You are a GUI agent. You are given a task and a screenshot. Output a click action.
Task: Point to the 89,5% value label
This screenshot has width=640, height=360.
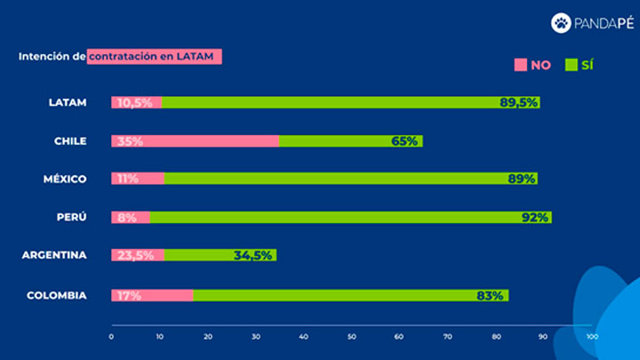tap(518, 102)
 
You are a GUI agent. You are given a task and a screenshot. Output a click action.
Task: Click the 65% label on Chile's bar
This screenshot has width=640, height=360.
tap(404, 140)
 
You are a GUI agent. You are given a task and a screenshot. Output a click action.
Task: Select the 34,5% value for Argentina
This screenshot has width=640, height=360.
tap(253, 255)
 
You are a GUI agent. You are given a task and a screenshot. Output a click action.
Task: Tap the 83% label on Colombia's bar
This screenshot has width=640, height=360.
tap(490, 295)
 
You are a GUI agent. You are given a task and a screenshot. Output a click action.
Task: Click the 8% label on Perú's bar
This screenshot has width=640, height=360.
tap(124, 217)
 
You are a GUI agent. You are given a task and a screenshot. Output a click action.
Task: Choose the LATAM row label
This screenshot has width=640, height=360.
tap(68, 102)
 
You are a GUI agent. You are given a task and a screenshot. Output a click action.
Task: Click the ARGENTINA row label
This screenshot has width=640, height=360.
tap(54, 255)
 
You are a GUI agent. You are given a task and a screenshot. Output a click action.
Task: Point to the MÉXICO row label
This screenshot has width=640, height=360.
tap(65, 179)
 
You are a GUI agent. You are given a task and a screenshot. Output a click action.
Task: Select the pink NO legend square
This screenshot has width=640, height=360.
tap(520, 65)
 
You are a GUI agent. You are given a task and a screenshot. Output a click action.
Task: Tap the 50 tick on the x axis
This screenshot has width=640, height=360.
tap(352, 337)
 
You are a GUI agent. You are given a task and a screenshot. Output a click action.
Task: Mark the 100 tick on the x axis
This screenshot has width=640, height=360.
tap(592, 337)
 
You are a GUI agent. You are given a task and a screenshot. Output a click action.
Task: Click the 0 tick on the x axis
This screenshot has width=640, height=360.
tap(111, 337)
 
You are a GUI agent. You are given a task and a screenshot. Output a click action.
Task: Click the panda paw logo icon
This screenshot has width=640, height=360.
tap(561, 22)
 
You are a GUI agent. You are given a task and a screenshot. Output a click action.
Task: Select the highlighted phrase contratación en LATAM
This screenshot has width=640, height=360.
tap(154, 56)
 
